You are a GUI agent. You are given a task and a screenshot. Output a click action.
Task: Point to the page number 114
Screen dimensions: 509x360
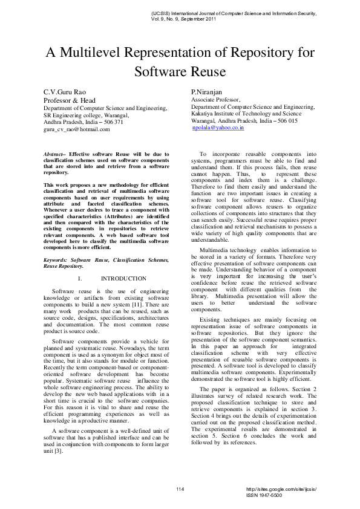coord(180,488)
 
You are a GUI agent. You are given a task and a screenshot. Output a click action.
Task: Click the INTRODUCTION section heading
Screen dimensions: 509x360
coord(123,279)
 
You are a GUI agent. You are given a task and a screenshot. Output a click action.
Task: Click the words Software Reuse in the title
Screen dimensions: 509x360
coord(180,71)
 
